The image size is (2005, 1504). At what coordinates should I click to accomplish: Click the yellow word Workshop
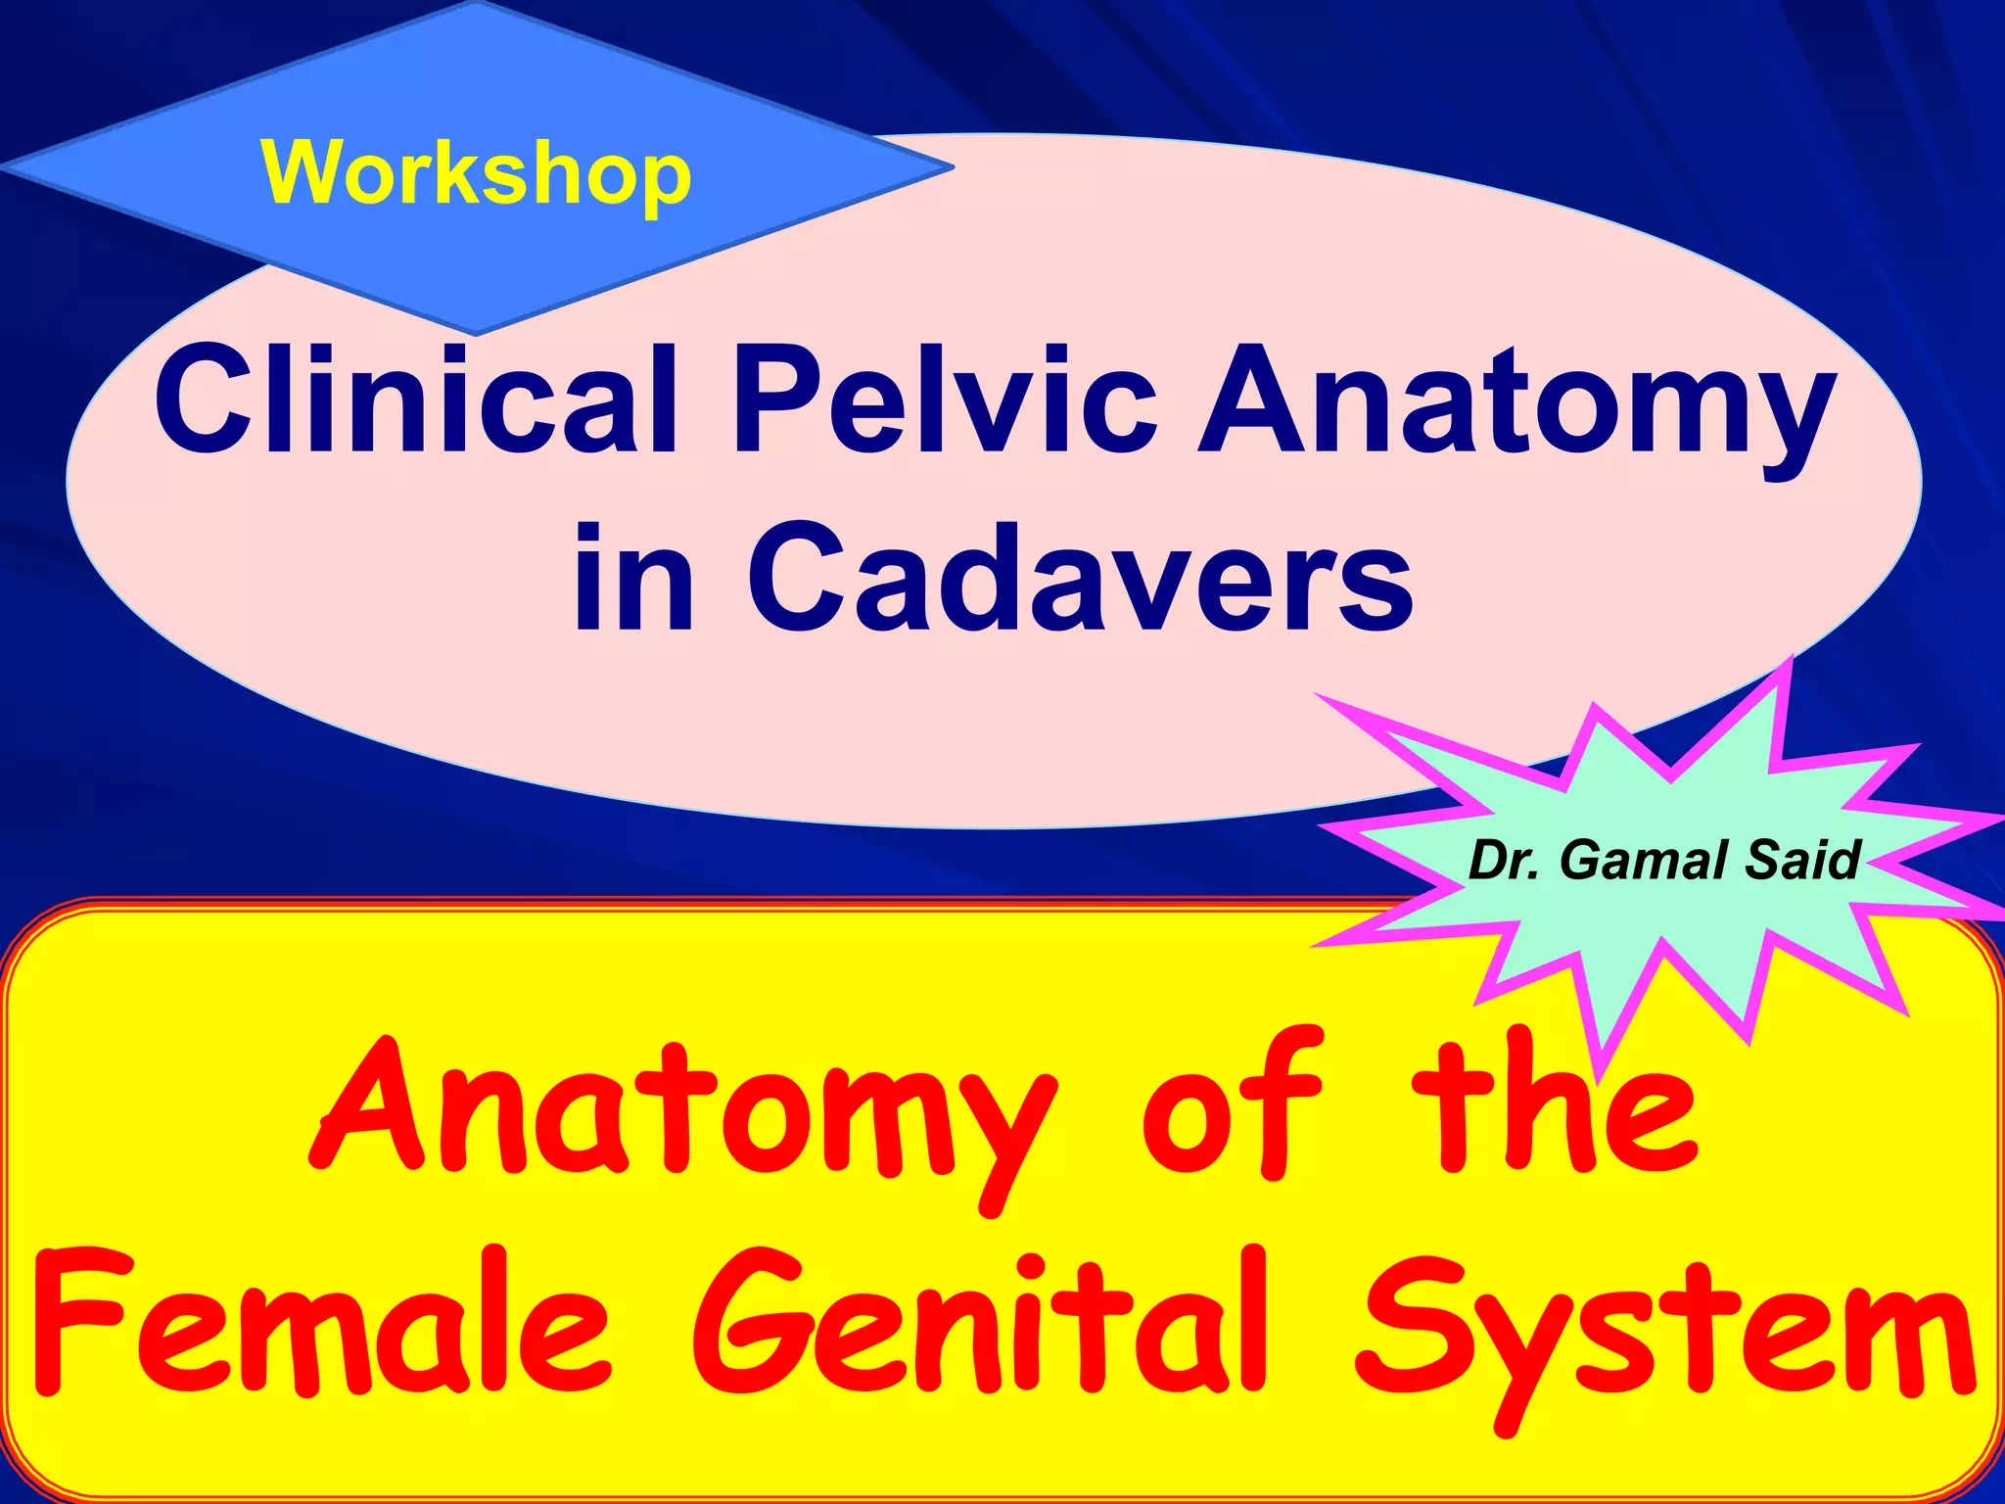[476, 174]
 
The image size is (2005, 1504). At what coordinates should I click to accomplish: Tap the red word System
[1664, 1337]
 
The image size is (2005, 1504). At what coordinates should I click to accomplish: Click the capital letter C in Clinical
[210, 399]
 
